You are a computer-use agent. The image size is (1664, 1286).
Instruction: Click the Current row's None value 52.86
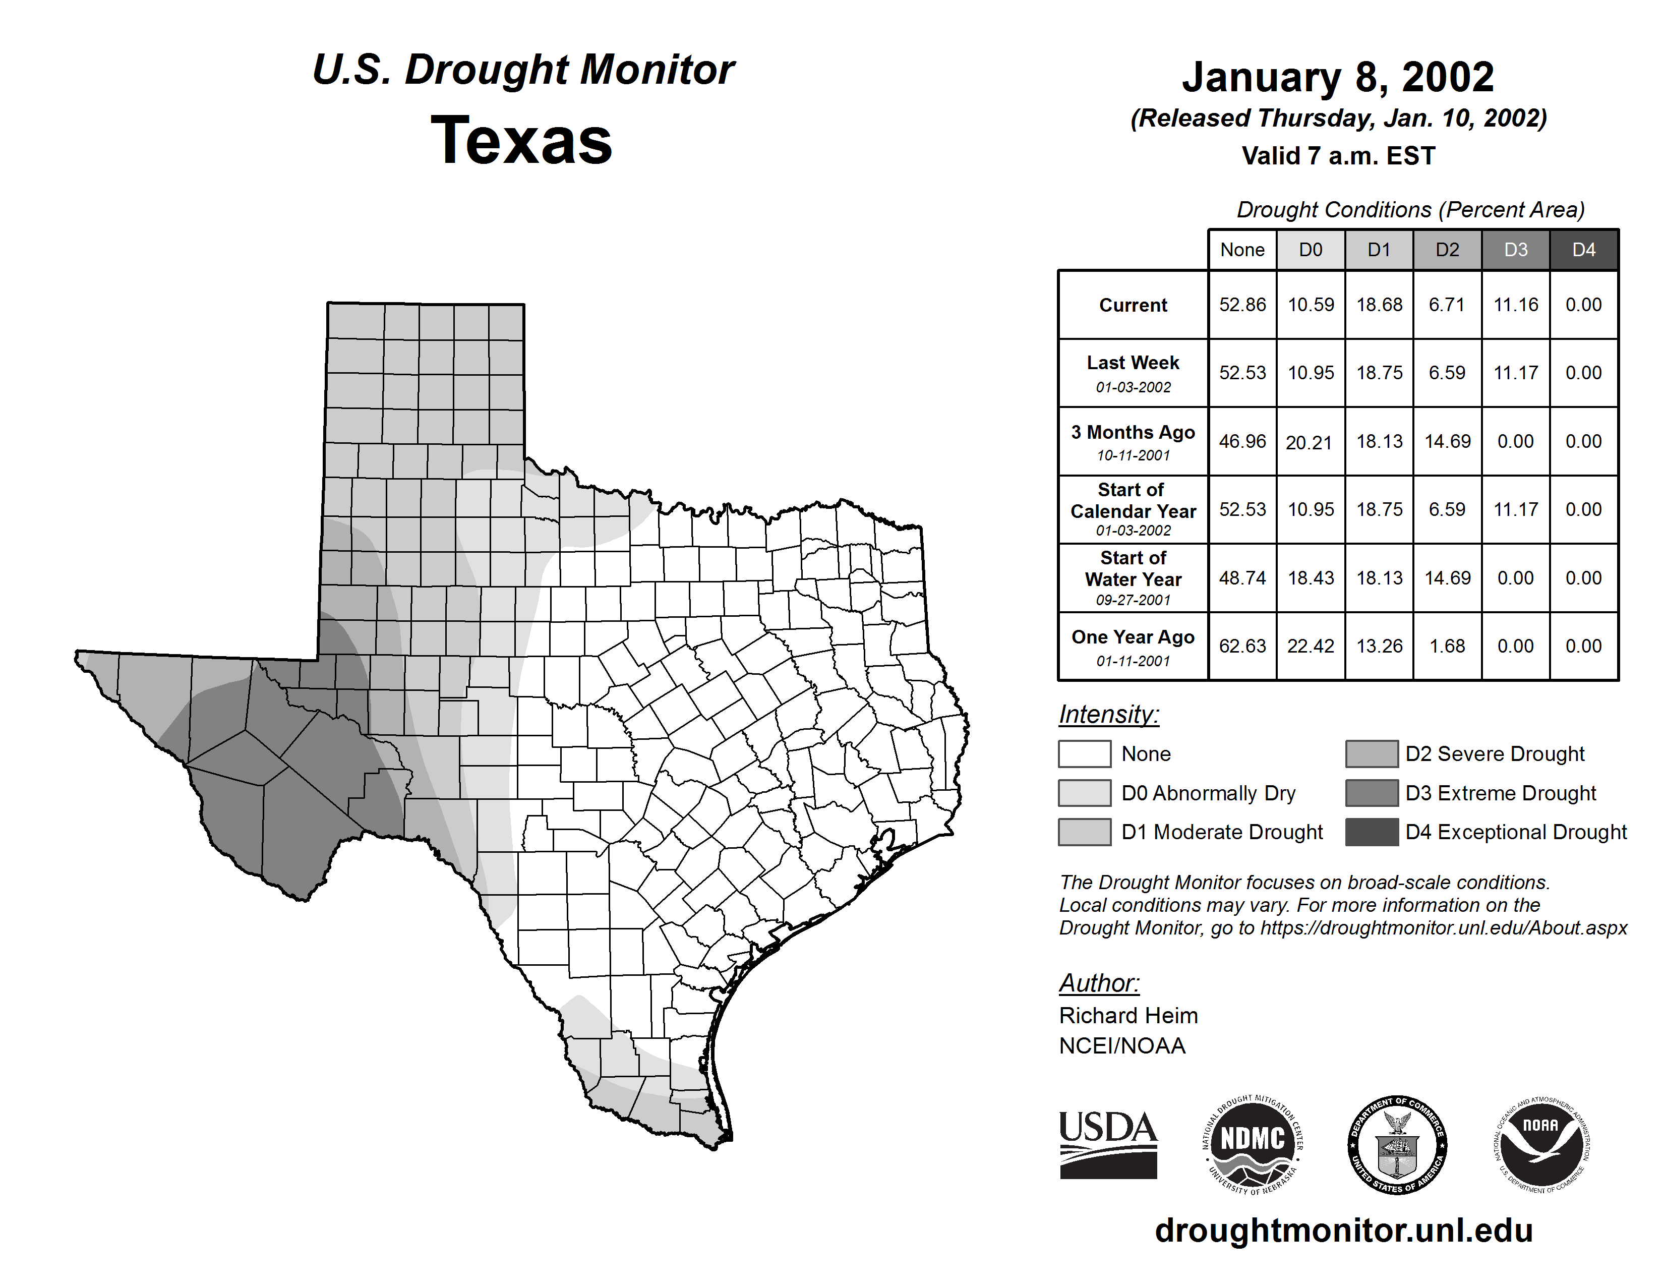click(x=1242, y=305)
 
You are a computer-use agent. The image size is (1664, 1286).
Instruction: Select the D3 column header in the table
click(x=1515, y=250)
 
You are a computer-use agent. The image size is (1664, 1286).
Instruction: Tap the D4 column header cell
click(x=1583, y=250)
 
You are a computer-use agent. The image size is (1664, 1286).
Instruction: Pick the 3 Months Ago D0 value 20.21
click(x=1309, y=442)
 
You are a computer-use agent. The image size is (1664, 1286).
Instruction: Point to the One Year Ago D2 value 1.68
click(x=1447, y=646)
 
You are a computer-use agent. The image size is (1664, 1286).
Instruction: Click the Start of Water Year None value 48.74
click(x=1242, y=578)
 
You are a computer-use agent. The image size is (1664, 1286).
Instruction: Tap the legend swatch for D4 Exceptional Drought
click(x=1372, y=832)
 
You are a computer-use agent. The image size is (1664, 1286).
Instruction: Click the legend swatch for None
click(x=1084, y=753)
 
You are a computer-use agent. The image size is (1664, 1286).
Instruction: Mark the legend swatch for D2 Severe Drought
click(x=1372, y=753)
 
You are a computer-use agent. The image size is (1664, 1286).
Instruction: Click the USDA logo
click(x=1108, y=1144)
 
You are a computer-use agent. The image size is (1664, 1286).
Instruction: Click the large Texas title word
click(x=521, y=141)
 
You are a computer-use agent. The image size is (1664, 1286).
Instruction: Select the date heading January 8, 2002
click(x=1338, y=78)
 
